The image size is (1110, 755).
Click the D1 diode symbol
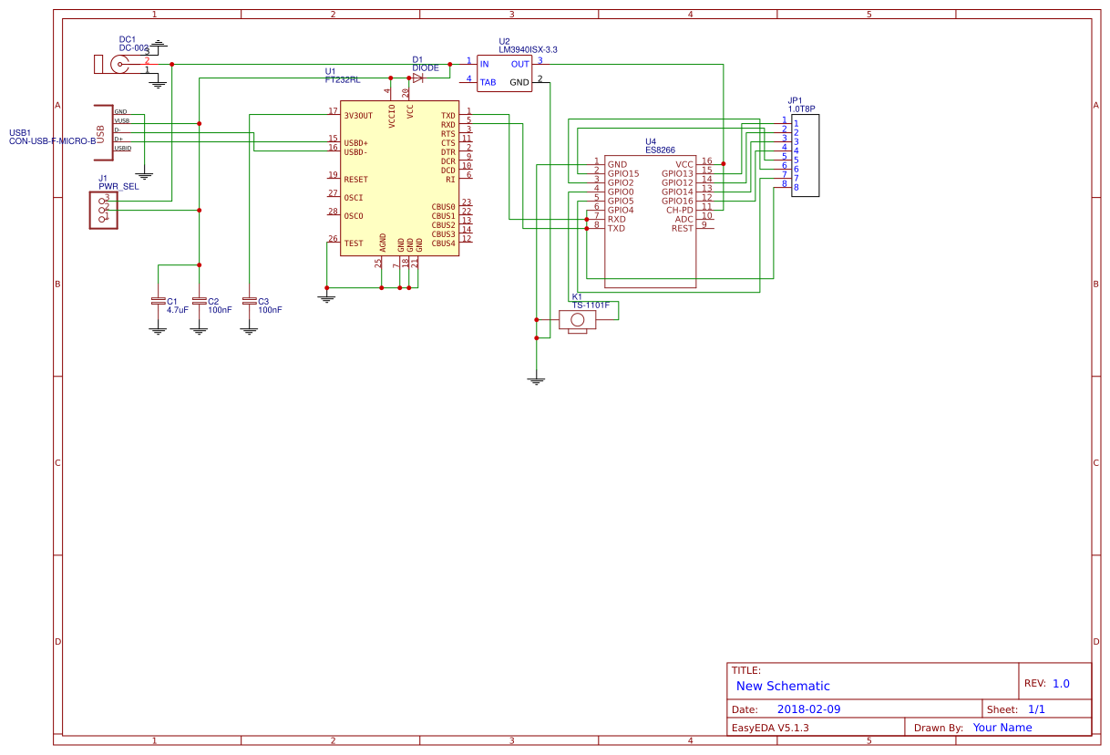tap(417, 78)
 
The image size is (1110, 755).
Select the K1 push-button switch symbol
tap(577, 319)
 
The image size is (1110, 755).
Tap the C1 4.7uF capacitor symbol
tap(159, 300)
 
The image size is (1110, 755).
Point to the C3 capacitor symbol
tap(250, 300)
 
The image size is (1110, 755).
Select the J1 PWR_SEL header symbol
tap(103, 210)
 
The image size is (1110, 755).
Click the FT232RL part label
tap(343, 80)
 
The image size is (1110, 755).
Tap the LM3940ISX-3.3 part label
tap(528, 50)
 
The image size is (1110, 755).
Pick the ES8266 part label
tap(660, 150)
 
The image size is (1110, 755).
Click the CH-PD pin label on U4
tap(679, 211)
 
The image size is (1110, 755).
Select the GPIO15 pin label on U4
tap(623, 173)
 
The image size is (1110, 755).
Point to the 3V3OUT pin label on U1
tap(358, 116)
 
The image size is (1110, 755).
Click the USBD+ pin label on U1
tap(355, 143)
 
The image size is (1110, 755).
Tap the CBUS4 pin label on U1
tap(443, 243)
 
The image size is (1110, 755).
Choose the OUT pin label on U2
tap(519, 65)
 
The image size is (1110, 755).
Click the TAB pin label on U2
tap(488, 83)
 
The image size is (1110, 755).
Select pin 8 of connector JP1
tap(796, 188)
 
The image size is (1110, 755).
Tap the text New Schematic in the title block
tap(783, 687)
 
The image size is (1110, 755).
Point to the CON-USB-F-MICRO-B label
tap(52, 141)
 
